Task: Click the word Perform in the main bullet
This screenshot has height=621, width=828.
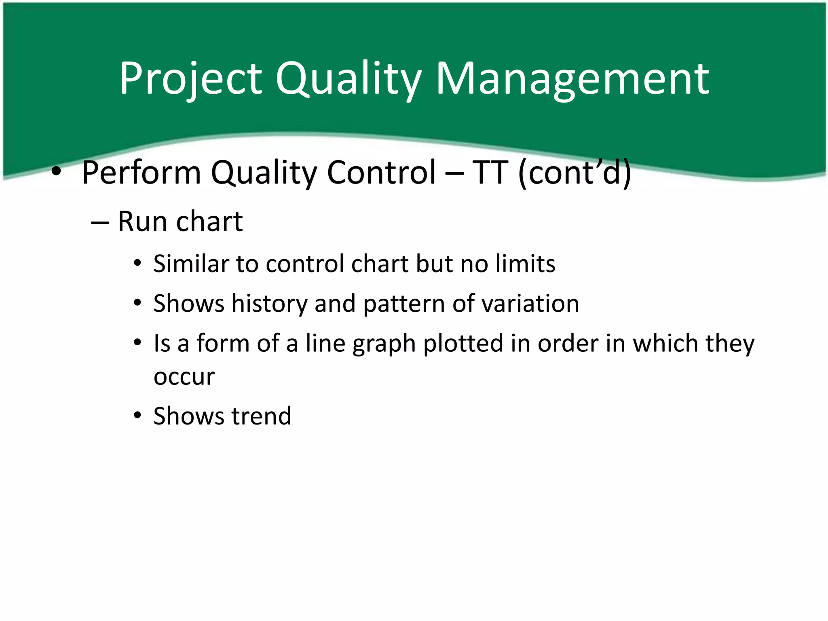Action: pyautogui.click(x=141, y=173)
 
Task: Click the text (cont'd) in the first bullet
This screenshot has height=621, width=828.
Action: pyautogui.click(x=575, y=173)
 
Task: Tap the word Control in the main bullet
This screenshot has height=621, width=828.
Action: pyautogui.click(x=381, y=173)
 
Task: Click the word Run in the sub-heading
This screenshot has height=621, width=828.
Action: pyautogui.click(x=142, y=222)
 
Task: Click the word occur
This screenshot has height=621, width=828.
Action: pyautogui.click(x=184, y=378)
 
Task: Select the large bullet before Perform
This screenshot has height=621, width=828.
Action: pyautogui.click(x=56, y=173)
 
